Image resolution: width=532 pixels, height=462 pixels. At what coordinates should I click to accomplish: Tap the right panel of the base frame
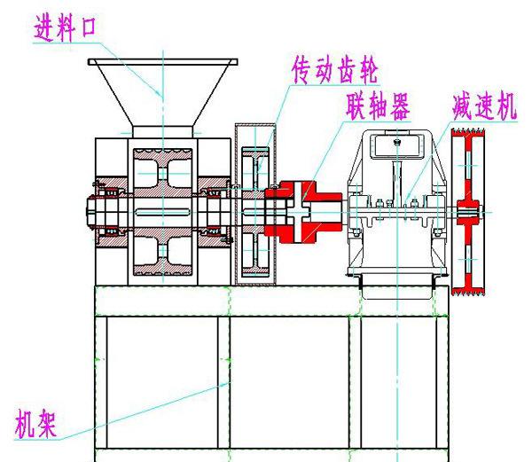pyautogui.click(x=399, y=381)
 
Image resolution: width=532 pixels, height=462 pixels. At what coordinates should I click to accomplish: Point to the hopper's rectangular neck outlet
pyautogui.click(x=164, y=131)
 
